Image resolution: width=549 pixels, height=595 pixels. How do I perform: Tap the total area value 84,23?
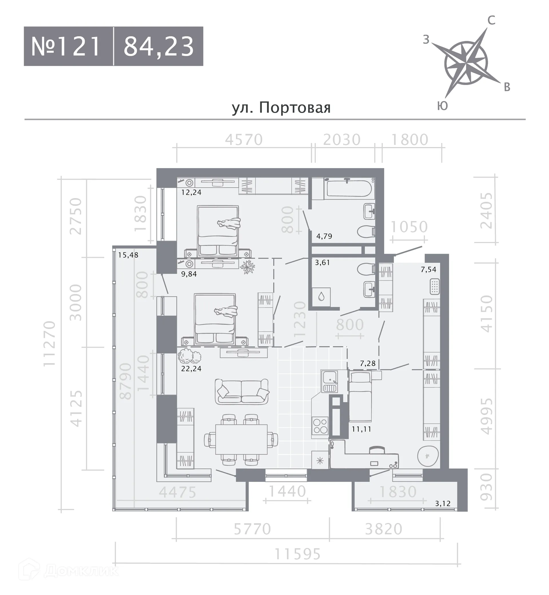[x=159, y=46]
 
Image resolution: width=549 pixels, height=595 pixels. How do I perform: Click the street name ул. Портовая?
[x=281, y=108]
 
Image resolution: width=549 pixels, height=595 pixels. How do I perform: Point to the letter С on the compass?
[x=491, y=21]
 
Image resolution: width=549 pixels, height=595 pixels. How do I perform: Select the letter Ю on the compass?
[x=442, y=106]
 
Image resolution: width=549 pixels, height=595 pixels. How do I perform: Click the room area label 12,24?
[x=191, y=192]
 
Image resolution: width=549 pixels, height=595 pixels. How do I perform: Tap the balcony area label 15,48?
[x=128, y=255]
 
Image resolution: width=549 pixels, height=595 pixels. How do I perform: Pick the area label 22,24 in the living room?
[x=191, y=369]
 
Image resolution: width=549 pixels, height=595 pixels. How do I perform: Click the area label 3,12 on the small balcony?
[x=443, y=504]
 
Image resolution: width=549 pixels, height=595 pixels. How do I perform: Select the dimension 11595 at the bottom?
[x=297, y=554]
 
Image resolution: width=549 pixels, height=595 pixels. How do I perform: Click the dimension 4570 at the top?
[x=244, y=140]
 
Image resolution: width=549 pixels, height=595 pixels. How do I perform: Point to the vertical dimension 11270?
[x=49, y=343]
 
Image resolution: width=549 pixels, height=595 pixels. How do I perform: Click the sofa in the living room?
[x=242, y=391]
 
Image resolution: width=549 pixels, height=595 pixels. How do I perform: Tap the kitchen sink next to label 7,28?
[x=329, y=382]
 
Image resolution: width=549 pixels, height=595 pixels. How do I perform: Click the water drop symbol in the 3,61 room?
[x=321, y=297]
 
